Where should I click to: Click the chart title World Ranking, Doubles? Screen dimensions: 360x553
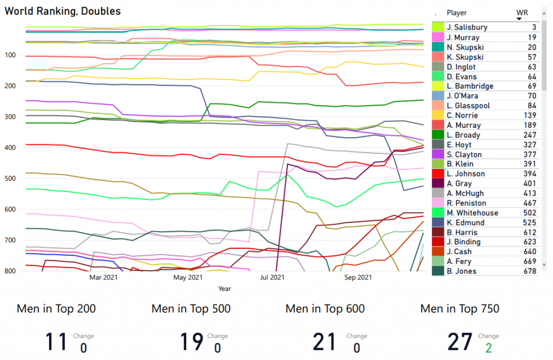pos(63,11)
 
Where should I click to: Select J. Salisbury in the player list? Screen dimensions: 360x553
pos(467,28)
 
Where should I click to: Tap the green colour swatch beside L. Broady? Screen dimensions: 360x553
pos(437,135)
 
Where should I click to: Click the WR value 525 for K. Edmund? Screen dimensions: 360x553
pos(529,222)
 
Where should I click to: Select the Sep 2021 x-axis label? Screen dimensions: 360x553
pos(358,277)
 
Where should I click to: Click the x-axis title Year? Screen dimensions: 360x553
pos(225,289)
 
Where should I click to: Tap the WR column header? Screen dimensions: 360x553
pos(522,12)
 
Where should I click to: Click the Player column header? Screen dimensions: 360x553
pos(457,12)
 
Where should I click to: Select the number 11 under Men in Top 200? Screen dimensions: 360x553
pos(56,342)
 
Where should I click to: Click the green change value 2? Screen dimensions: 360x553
pos(488,348)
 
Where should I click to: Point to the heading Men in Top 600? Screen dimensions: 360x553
pos(325,309)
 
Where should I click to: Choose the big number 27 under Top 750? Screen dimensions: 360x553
pos(460,342)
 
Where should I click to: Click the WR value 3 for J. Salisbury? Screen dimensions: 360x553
pos(534,28)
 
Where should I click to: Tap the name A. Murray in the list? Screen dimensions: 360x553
pos(464,125)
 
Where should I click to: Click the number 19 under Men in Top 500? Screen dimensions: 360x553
pos(191,342)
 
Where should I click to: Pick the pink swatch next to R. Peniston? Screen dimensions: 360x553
pos(437,203)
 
